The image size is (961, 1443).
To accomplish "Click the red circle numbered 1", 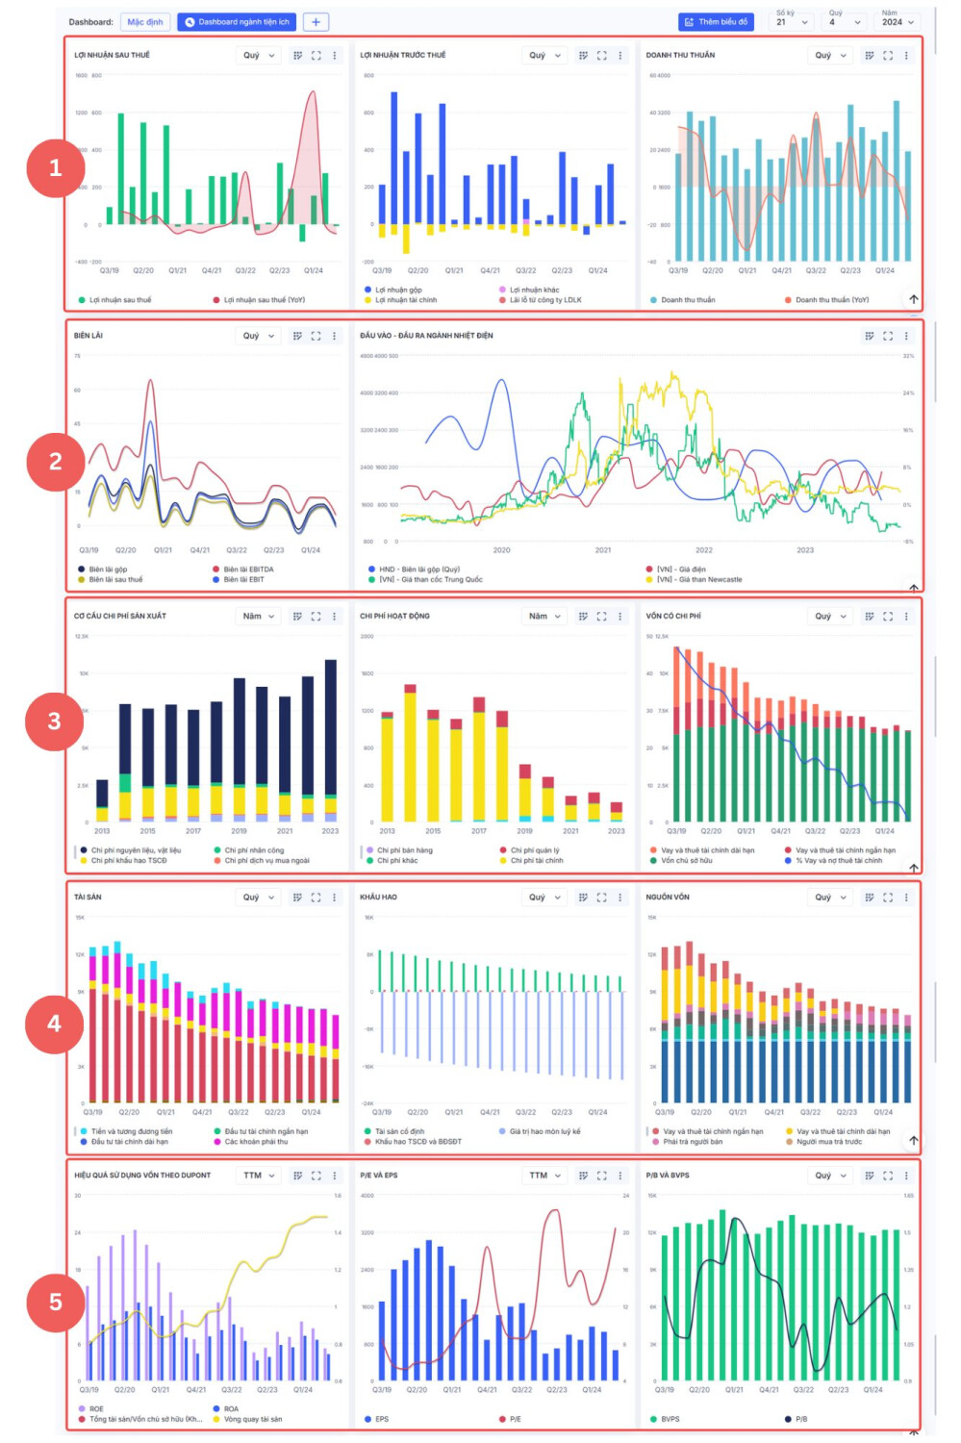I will point(55,168).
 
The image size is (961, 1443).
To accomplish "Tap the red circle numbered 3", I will point(55,721).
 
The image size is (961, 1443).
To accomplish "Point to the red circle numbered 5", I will point(55,1302).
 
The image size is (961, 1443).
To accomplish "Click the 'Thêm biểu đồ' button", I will point(716,21).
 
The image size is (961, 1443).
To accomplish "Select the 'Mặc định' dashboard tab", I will point(145,21).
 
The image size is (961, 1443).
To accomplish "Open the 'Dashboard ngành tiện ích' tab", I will point(238,21).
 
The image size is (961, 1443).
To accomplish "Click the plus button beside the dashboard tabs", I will point(316,21).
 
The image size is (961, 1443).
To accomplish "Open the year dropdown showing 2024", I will point(897,21).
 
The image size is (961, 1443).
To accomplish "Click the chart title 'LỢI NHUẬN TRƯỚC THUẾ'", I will point(403,55).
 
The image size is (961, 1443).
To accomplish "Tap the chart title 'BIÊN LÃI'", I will point(89,336).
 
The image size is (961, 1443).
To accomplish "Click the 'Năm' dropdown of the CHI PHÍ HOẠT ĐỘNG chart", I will point(544,616).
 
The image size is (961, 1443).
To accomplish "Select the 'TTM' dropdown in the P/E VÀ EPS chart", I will point(544,1175).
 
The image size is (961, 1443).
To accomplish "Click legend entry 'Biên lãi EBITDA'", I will point(248,570).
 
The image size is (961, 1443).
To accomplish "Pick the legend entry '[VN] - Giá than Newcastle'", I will point(699,580).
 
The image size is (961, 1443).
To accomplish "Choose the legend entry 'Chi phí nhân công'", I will point(254,850).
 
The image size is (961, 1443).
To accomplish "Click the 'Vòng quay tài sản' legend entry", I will point(253,1419).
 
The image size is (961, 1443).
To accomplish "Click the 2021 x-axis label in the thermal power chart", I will point(603,550).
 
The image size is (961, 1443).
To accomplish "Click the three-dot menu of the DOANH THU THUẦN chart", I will point(906,56).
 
